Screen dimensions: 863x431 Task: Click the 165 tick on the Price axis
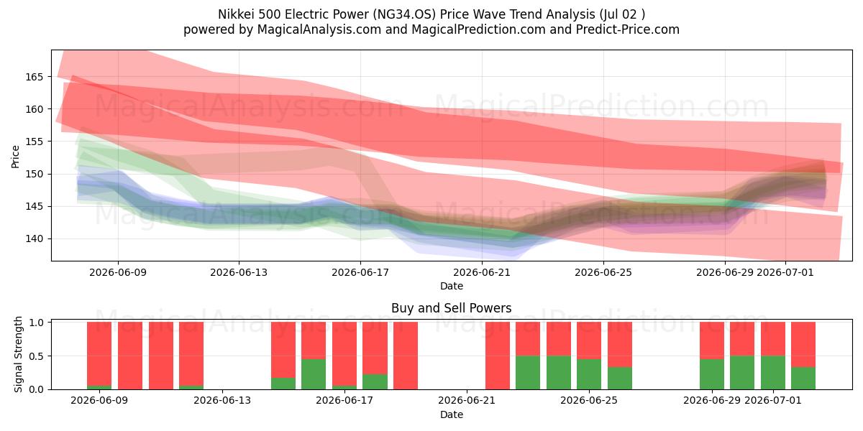[x=34, y=77]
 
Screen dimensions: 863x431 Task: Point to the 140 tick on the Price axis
[x=34, y=239]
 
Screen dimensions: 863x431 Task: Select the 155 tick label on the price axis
[x=34, y=142]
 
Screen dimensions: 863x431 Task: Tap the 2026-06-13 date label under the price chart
[x=239, y=272]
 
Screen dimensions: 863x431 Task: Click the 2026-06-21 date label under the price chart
[x=482, y=272]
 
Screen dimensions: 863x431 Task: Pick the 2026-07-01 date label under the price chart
[x=785, y=272]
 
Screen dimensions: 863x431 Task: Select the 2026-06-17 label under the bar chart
[x=344, y=400]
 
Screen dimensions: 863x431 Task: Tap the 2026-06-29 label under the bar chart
[x=711, y=400]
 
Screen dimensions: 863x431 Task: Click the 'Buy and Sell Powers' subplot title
[x=452, y=308]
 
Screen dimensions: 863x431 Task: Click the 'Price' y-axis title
[x=15, y=157]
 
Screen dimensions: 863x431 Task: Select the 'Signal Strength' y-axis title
[x=18, y=354]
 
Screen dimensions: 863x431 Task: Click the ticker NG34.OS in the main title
[x=406, y=14]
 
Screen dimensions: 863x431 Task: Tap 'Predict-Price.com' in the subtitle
[x=628, y=29]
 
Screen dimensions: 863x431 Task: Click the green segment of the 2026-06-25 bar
[x=589, y=374]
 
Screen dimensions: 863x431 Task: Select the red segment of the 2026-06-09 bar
[x=99, y=353]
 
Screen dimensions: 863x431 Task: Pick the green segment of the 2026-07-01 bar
[x=773, y=373]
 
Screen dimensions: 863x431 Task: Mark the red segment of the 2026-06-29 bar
[x=712, y=340]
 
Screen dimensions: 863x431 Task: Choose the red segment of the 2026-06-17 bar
[x=344, y=353]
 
